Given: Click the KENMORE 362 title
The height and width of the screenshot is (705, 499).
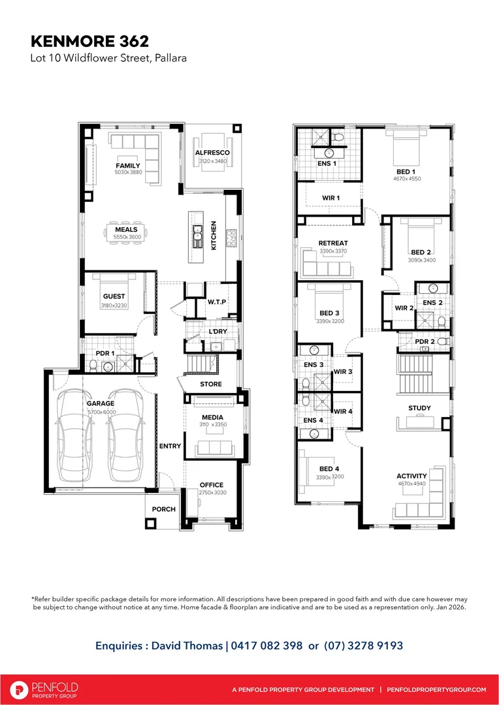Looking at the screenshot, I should [89, 41].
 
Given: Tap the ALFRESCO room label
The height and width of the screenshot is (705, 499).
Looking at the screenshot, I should [212, 153].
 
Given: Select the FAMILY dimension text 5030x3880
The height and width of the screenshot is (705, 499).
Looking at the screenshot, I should [128, 172].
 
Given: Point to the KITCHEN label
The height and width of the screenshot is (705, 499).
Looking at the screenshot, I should [213, 235].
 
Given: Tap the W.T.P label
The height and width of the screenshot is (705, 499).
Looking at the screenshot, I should [216, 302].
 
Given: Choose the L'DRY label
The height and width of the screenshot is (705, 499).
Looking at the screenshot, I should [217, 332].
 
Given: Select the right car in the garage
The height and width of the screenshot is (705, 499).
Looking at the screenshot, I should [126, 434].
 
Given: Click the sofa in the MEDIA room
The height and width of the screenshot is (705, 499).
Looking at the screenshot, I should [214, 447].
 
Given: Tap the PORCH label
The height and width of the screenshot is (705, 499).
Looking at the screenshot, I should [164, 509].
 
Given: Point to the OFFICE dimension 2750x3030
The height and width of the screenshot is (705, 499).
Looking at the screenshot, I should [212, 493].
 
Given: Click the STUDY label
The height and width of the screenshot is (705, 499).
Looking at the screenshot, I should [419, 409].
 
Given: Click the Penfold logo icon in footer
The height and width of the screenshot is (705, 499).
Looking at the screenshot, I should [20, 689].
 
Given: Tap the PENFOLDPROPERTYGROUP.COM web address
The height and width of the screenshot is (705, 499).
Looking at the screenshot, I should [436, 690].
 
